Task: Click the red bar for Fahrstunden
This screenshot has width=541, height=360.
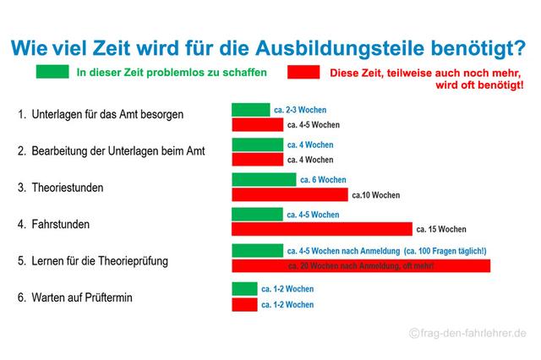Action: click(322, 229)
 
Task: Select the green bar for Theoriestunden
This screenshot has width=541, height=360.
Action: click(264, 179)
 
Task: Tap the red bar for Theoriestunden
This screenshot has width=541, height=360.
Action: click(289, 195)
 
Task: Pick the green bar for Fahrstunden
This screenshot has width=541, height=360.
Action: click(257, 214)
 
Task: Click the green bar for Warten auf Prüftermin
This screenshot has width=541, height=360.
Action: click(244, 289)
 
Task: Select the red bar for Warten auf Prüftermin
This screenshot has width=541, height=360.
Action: click(244, 304)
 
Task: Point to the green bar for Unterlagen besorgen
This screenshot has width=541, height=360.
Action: click(250, 110)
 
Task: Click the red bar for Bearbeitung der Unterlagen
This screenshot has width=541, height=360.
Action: click(257, 159)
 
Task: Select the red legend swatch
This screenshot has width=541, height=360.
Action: click(303, 74)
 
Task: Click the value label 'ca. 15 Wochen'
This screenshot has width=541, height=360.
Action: click(441, 229)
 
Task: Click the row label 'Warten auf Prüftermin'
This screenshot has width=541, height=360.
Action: click(84, 297)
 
